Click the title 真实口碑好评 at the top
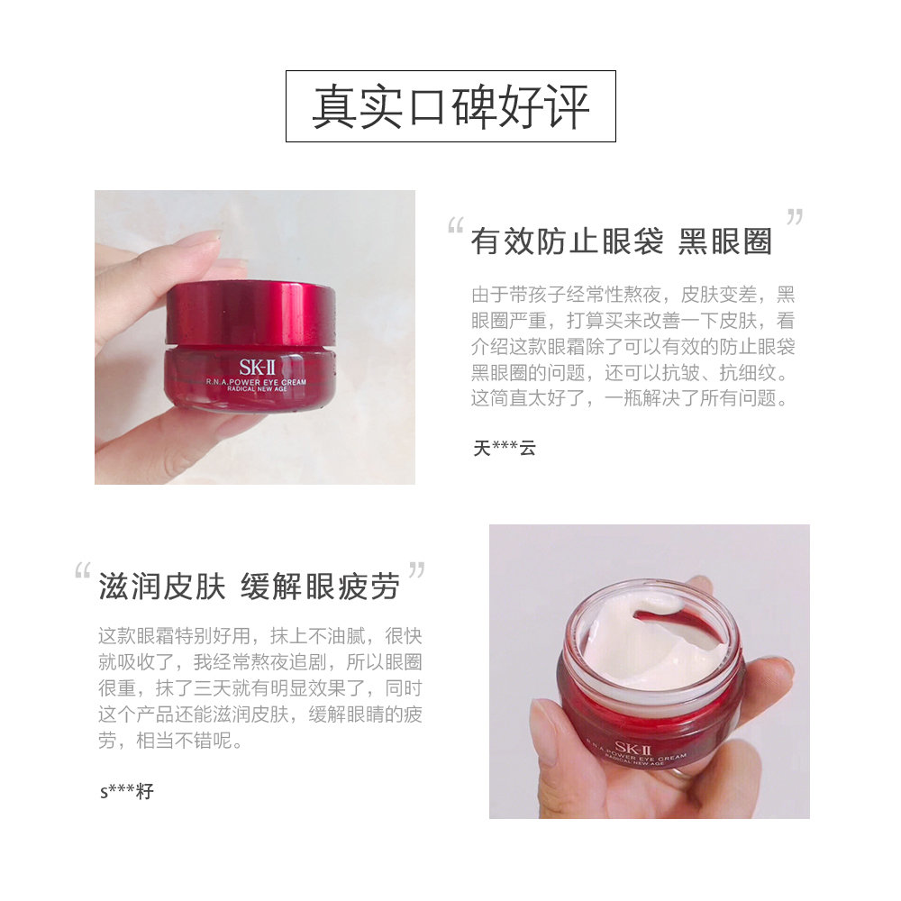(x=450, y=106)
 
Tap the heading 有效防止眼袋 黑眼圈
(x=622, y=241)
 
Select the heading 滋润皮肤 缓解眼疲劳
(x=249, y=587)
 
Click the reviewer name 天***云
(x=504, y=448)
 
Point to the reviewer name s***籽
(x=127, y=792)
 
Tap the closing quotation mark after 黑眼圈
(x=794, y=216)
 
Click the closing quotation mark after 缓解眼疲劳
(x=416, y=569)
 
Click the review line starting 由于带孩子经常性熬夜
(x=633, y=295)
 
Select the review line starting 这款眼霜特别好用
(x=259, y=636)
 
